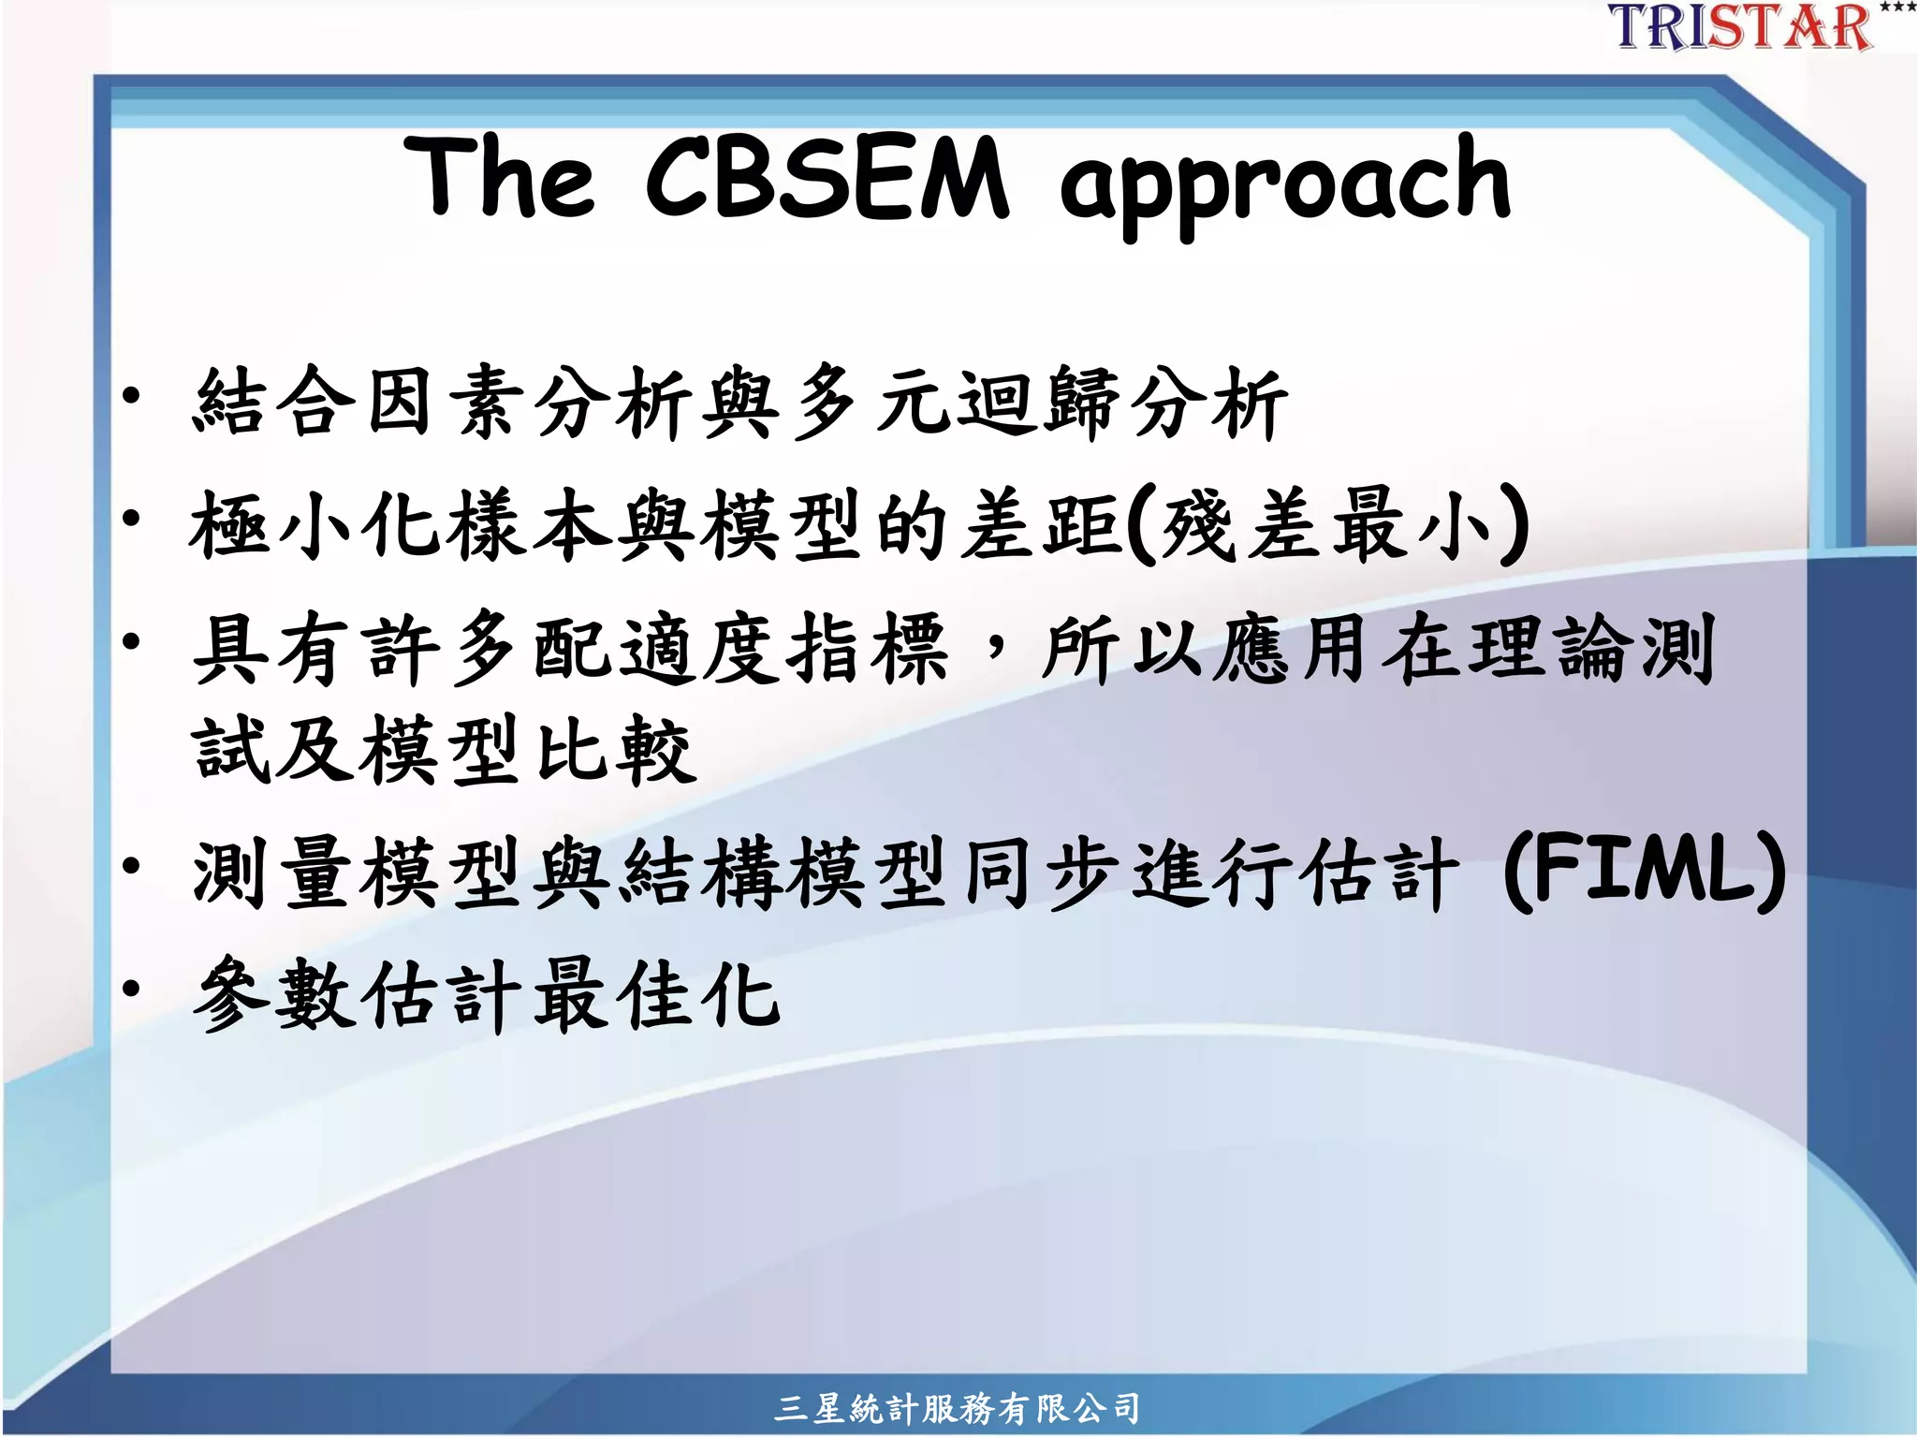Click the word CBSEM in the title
[827, 178]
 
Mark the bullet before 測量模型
[131, 866]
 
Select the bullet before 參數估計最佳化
[131, 988]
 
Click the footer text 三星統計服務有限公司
[957, 1408]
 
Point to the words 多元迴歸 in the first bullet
[955, 403]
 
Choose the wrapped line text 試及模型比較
[444, 749]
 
